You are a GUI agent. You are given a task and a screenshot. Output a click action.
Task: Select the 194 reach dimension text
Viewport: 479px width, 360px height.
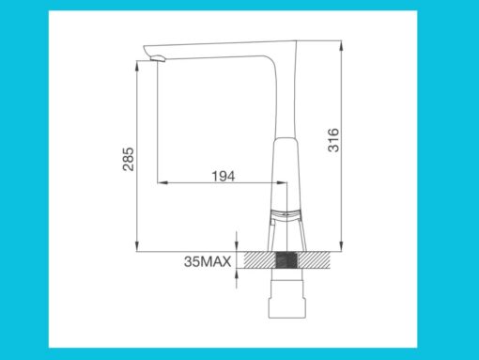point(223,175)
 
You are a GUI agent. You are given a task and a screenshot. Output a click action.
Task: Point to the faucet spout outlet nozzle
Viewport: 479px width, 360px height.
point(157,60)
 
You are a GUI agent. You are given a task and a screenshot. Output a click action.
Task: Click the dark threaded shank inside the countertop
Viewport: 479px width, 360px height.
point(288,261)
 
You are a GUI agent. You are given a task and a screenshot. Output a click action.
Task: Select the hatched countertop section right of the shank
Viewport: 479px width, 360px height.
point(317,261)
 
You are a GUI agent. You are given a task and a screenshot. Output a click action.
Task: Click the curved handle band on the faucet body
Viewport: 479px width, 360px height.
point(287,214)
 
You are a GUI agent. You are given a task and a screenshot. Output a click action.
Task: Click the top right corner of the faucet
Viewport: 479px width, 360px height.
point(297,40)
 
